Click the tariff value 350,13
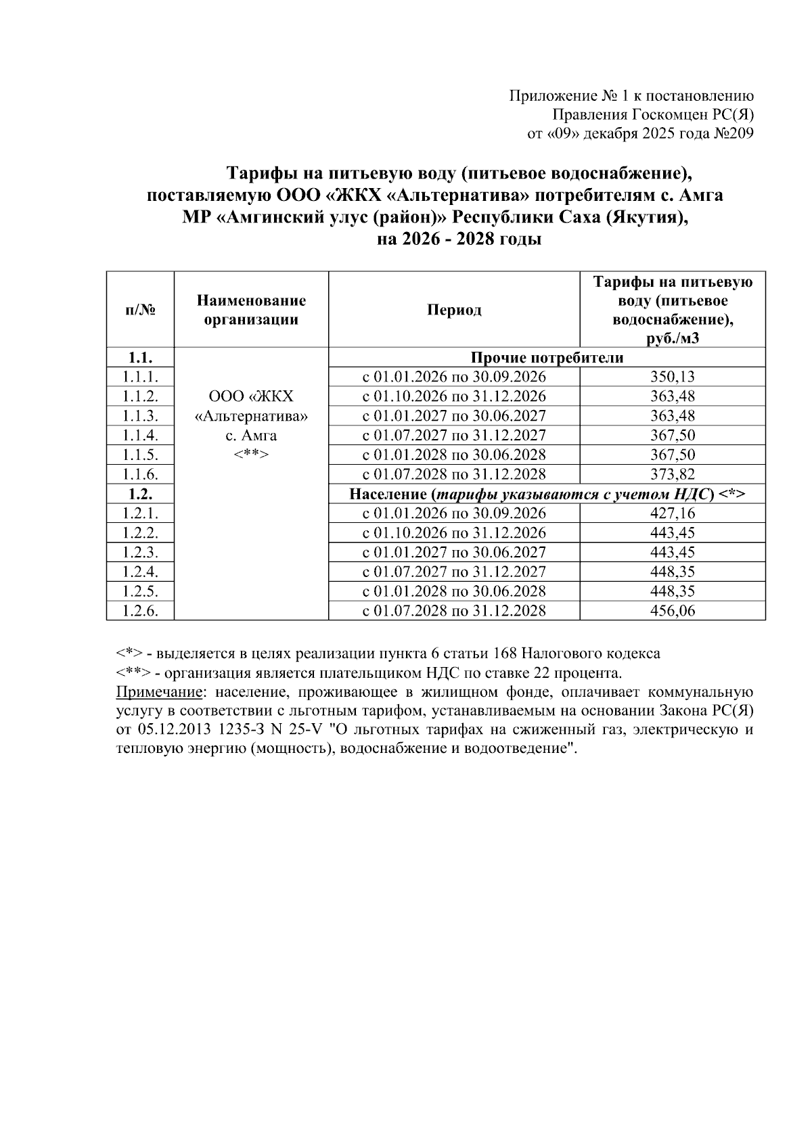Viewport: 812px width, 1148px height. coord(672,377)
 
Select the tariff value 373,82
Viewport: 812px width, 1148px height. coord(672,474)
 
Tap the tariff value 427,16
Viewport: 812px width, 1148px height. coord(672,513)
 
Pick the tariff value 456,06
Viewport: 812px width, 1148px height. coord(672,611)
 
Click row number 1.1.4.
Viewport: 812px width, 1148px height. coord(140,435)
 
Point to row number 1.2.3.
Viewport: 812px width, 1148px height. coord(140,552)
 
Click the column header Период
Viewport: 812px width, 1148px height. coord(453,310)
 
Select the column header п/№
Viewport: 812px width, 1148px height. coord(140,310)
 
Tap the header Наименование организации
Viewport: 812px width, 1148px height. coord(251,310)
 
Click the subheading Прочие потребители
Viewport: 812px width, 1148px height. coord(547,357)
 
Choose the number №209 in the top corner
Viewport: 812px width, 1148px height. coord(733,133)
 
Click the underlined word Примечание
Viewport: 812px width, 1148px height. coord(159,692)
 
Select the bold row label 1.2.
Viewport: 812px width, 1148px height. coord(140,494)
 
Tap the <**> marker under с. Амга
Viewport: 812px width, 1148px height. coord(251,454)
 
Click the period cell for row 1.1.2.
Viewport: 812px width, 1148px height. coord(453,396)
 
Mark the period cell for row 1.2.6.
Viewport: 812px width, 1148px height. coord(453,611)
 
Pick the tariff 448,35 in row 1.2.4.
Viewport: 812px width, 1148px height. coord(672,572)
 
